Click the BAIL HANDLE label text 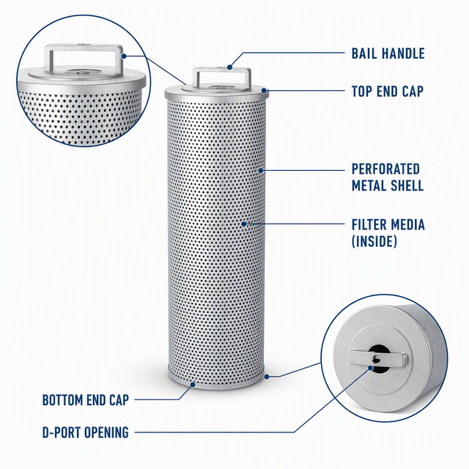tap(388, 53)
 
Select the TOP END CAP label tap(388, 91)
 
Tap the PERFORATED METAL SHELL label tap(388, 177)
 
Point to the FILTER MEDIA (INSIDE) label tap(388, 233)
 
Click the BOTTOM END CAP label tap(86, 400)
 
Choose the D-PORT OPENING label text tap(86, 432)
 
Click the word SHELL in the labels tap(405, 185)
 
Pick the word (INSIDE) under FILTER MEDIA tap(374, 241)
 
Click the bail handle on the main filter tap(221, 71)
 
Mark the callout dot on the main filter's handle tap(229, 67)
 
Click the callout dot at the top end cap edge tap(264, 90)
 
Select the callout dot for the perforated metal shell tap(261, 171)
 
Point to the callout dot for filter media tap(244, 224)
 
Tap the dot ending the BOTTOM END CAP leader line tap(193, 384)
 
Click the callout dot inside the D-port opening tap(371, 368)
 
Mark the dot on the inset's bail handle tap(124, 56)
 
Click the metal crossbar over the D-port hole tap(379, 358)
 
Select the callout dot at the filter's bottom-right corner tap(267, 377)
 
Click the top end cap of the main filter tap(217, 91)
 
